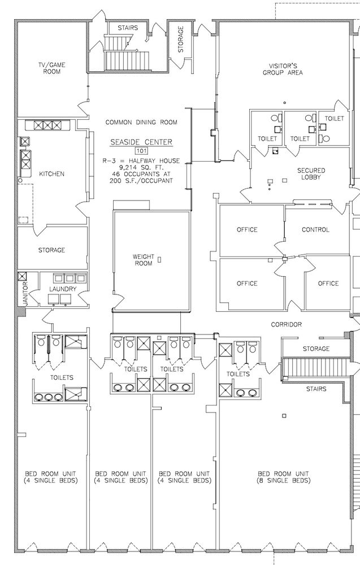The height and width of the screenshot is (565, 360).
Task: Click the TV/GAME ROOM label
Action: point(51,68)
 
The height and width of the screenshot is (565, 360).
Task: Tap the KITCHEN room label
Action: point(51,174)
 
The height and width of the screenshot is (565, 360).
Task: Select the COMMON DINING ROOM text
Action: point(141,122)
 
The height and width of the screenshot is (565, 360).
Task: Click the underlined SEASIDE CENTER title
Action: point(142,141)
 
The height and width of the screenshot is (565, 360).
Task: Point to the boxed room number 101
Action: point(141,150)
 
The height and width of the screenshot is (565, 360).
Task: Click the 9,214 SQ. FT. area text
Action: point(141,167)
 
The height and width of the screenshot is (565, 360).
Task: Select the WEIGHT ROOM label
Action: point(144,260)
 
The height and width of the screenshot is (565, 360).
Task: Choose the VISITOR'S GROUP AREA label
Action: point(283,69)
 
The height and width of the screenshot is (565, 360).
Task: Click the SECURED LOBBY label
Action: point(311,173)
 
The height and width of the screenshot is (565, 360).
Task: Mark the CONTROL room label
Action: point(315,230)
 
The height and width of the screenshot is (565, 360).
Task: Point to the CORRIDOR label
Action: point(286,325)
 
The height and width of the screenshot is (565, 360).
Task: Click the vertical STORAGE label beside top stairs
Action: point(181,40)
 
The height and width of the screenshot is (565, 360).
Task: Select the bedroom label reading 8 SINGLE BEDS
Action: point(283,477)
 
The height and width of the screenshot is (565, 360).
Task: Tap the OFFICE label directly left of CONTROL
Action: point(247,230)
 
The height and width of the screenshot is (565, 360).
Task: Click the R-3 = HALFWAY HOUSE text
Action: point(141,160)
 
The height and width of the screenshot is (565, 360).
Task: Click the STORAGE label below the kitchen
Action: point(51,250)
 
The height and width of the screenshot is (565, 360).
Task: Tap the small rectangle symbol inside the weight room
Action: point(159,259)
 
